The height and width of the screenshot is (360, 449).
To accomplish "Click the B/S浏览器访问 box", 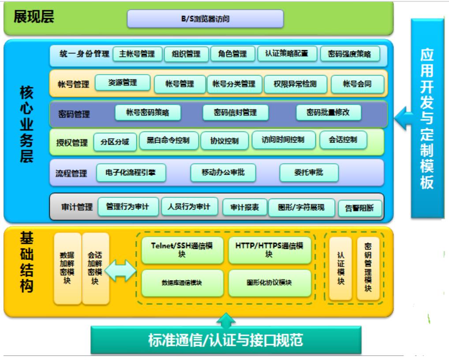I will coord(205,19).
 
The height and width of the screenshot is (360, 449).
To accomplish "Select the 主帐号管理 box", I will coord(137,54).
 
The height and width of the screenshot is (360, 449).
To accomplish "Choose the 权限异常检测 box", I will coord(295,84).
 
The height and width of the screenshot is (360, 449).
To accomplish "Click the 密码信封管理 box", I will coord(235,112).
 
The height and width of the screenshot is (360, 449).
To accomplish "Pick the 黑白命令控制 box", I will coord(168,141).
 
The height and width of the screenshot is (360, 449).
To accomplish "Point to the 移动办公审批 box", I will coord(223,172).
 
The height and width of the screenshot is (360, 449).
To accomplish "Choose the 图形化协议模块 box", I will coord(269,283).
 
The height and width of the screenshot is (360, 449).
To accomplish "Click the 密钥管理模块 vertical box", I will coord(368,269).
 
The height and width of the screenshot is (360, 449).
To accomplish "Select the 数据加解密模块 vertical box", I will coord(67,268).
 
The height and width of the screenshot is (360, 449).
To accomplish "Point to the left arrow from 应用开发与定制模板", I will coord(403,118).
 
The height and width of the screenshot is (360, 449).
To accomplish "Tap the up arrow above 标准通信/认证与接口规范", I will coord(226,321).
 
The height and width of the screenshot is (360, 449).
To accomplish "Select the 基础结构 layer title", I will coord(26,262).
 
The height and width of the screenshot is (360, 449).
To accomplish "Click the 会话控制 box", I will coord(343,140).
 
